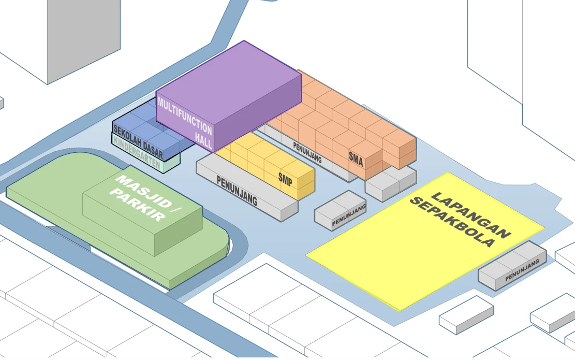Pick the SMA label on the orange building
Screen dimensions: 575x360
356,159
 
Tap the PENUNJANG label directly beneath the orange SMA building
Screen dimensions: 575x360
307,152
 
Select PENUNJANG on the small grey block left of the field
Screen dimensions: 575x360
349,215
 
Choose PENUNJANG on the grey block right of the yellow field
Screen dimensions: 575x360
522,270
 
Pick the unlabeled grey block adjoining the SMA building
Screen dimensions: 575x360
391,183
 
